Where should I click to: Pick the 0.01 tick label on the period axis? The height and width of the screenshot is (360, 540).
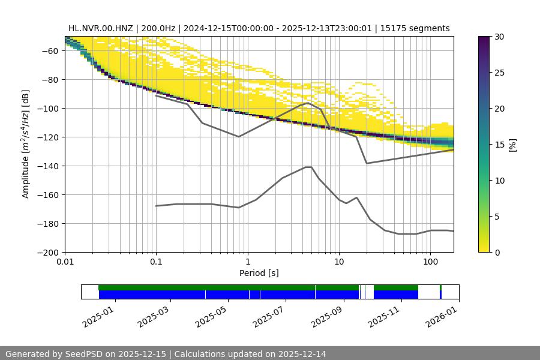point(65,262)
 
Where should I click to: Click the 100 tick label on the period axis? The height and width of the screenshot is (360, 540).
point(430,262)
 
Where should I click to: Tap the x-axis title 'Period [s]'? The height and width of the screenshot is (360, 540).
point(259,273)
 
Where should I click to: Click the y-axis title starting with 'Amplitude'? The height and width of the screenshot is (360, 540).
point(26,144)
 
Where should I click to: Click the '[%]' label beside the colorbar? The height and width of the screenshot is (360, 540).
point(512,144)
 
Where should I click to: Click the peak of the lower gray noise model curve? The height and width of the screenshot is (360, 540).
point(308,167)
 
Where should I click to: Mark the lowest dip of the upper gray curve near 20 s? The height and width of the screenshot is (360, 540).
point(367,163)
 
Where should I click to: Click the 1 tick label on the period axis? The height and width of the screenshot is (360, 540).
point(247,262)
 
